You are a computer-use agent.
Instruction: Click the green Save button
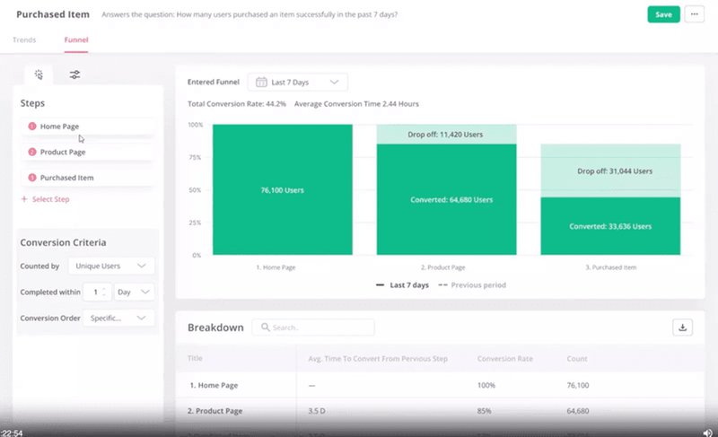pyautogui.click(x=663, y=14)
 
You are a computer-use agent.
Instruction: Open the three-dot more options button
pyautogui.click(x=694, y=14)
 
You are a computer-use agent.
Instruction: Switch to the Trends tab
pyautogui.click(x=24, y=40)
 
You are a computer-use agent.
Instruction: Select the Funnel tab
pyautogui.click(x=76, y=40)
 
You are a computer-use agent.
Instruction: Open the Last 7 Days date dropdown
pyautogui.click(x=298, y=82)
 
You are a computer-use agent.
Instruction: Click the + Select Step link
pyautogui.click(x=45, y=199)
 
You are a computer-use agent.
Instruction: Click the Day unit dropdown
pyautogui.click(x=135, y=292)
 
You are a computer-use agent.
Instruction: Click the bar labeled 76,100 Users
pyautogui.click(x=282, y=189)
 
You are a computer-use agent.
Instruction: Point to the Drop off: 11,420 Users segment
pyautogui.click(x=446, y=134)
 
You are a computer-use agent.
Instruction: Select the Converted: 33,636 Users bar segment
pyautogui.click(x=610, y=226)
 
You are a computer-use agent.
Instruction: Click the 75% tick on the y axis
pyautogui.click(x=195, y=157)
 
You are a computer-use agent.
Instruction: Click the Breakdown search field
pyautogui.click(x=314, y=328)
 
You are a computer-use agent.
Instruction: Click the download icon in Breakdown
pyautogui.click(x=683, y=328)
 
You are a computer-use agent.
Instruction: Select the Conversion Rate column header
pyautogui.click(x=505, y=359)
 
